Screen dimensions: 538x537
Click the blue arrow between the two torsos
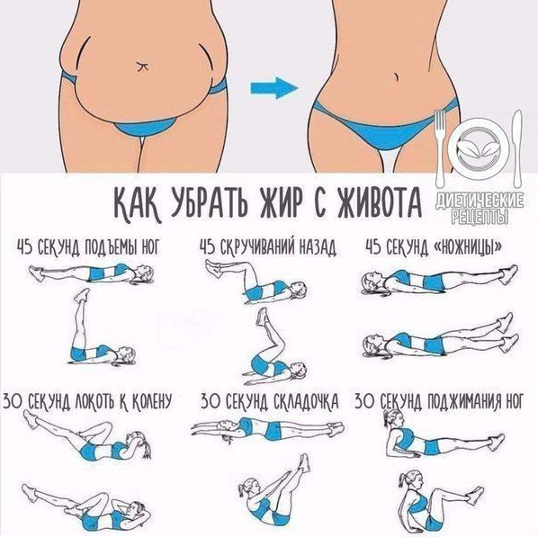(273, 88)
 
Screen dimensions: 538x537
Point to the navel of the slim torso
(396, 76)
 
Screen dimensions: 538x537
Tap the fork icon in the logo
(440, 148)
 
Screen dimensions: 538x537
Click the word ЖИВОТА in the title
(380, 203)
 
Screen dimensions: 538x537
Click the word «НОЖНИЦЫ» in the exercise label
(468, 247)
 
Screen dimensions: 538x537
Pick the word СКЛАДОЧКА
(307, 401)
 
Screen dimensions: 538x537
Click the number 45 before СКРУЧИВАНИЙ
(207, 247)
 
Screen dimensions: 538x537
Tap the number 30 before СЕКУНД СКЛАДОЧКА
(209, 401)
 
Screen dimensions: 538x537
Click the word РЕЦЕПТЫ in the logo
(480, 217)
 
